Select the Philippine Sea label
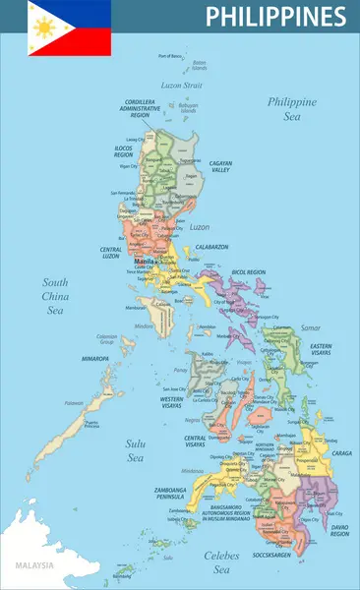(x=292, y=108)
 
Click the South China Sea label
(x=55, y=296)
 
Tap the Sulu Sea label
(x=135, y=450)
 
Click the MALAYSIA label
(x=33, y=565)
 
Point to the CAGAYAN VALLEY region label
(x=220, y=167)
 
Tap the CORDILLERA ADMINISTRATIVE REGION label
(x=141, y=108)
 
